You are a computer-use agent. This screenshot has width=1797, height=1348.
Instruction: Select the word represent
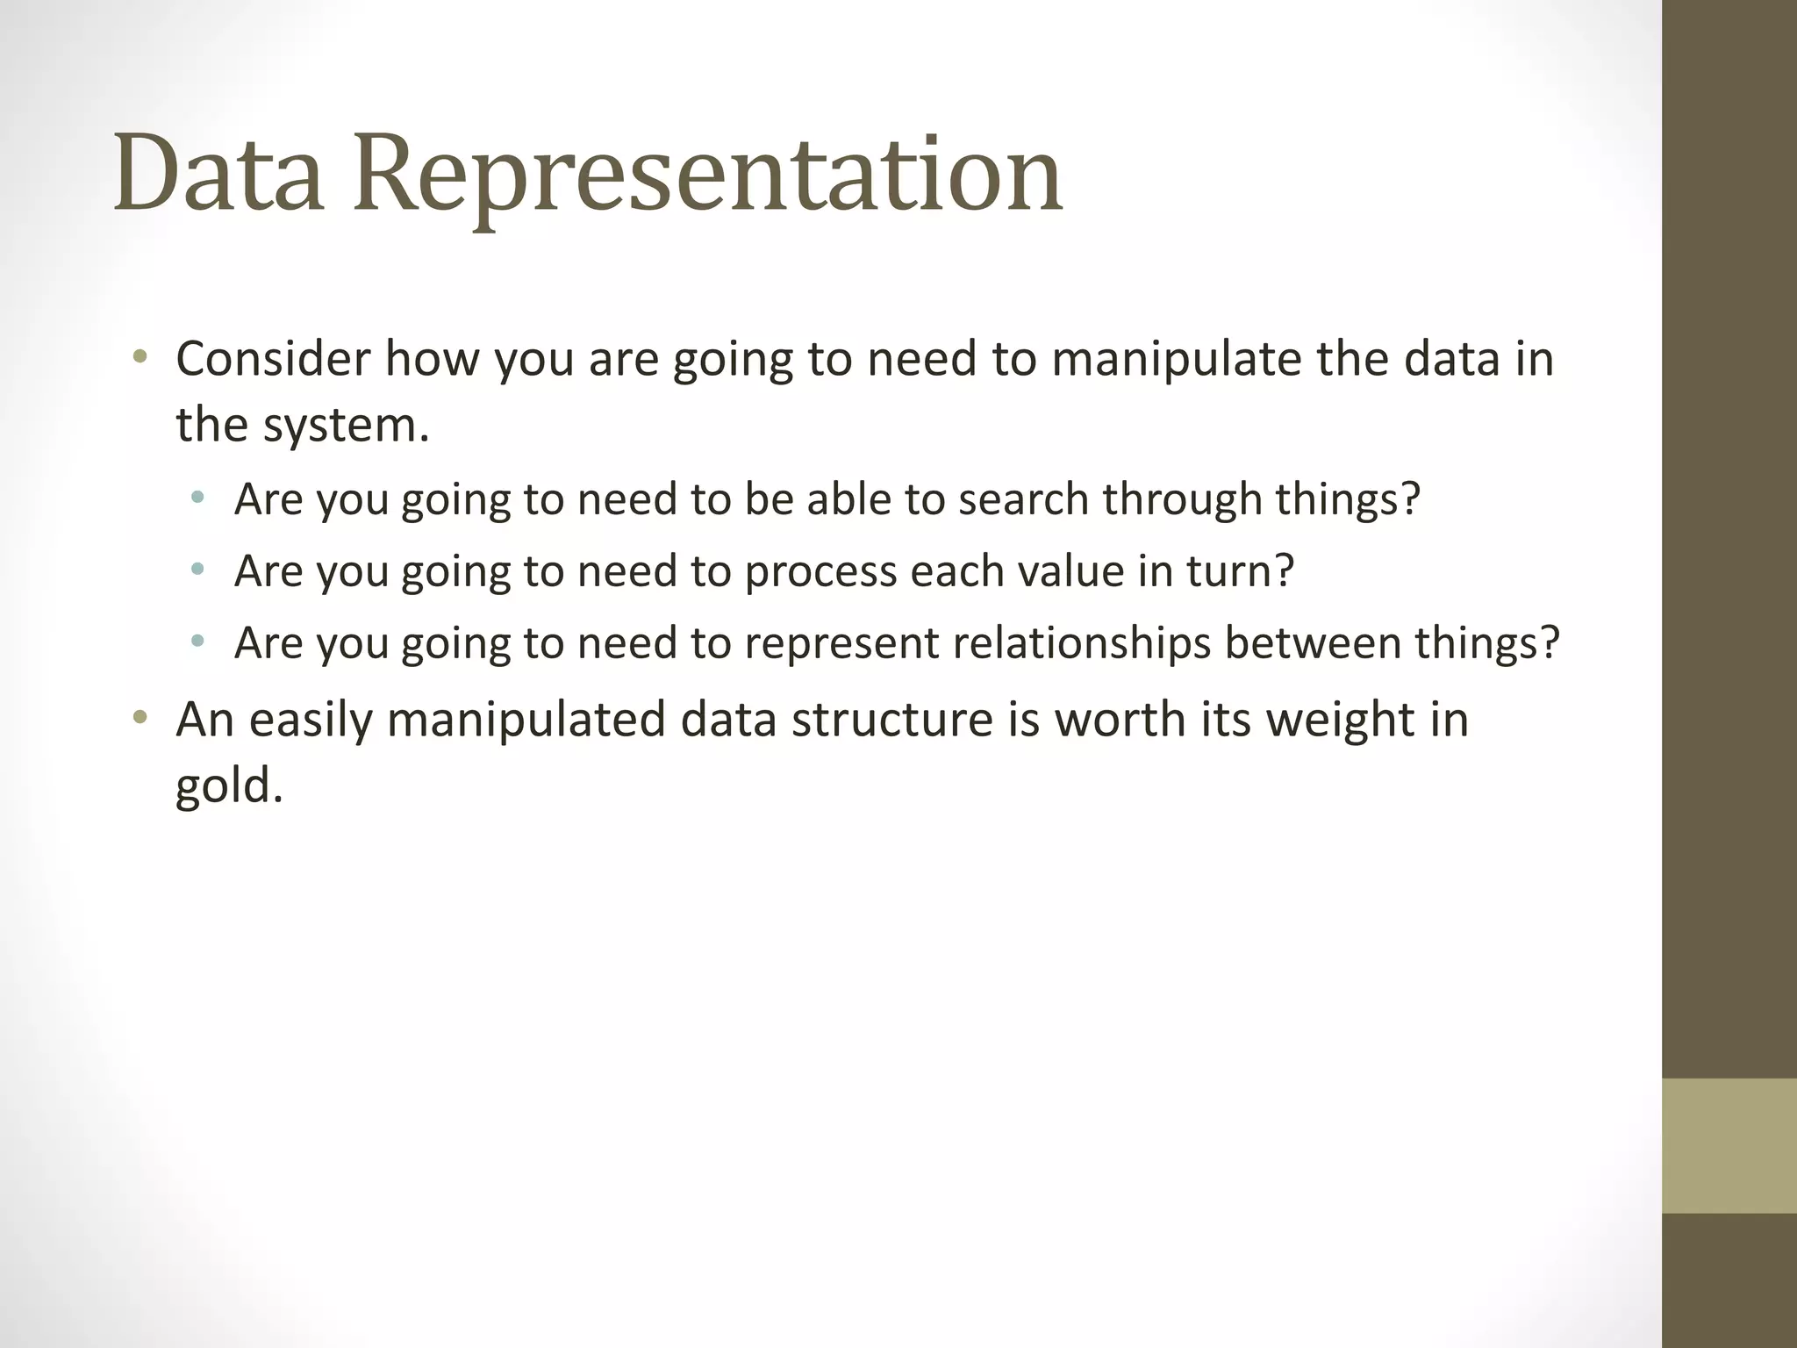tap(841, 644)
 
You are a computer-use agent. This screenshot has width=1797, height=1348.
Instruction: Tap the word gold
tap(228, 785)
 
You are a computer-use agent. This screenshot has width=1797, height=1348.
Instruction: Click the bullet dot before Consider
tap(139, 357)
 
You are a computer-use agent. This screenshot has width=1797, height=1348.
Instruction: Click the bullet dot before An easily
tap(139, 718)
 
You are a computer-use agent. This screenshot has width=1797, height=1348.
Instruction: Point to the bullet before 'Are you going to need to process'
tap(197, 570)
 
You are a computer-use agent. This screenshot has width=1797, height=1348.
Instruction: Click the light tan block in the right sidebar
tap(1729, 1145)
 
